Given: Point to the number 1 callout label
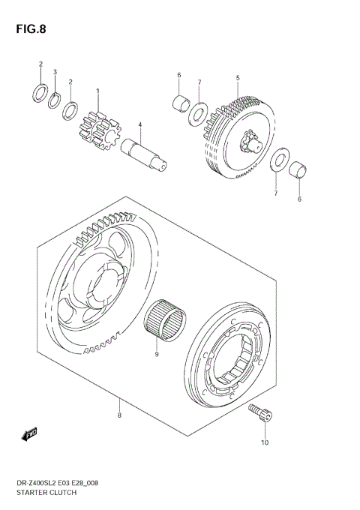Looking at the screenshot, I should [97, 91].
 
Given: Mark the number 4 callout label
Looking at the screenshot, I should [139, 124].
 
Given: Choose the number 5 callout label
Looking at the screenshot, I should [238, 78].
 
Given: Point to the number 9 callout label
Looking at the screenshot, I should [157, 354].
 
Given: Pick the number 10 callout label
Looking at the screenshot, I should [265, 443].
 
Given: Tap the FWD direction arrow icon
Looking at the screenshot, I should [29, 433].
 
